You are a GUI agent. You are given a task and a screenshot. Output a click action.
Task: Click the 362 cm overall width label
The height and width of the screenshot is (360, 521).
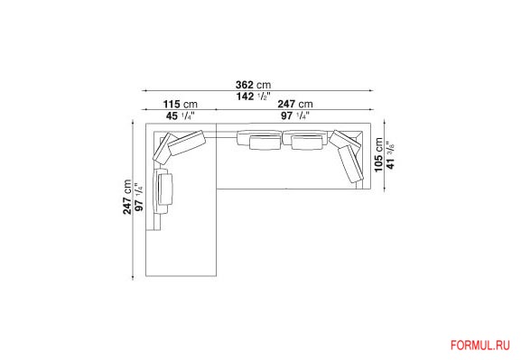253,85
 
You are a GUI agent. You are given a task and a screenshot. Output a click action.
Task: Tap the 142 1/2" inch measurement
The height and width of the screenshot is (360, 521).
253,97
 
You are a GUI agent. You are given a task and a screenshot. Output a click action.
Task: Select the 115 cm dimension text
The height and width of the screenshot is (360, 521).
180,105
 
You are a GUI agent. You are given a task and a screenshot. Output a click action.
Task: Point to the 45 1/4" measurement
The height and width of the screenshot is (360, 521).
180,115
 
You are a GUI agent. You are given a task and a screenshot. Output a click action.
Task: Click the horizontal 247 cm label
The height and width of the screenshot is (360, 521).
295,104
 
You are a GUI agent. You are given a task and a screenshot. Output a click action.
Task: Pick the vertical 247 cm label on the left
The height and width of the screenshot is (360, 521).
127,197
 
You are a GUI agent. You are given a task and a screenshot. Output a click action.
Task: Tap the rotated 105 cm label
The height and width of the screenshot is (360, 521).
378,155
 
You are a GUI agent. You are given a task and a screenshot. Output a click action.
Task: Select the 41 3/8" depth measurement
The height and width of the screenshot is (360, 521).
390,155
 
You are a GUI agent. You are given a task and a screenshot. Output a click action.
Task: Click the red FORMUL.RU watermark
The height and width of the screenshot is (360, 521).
479,346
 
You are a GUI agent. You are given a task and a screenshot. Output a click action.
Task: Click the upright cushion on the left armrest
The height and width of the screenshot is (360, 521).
163,190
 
